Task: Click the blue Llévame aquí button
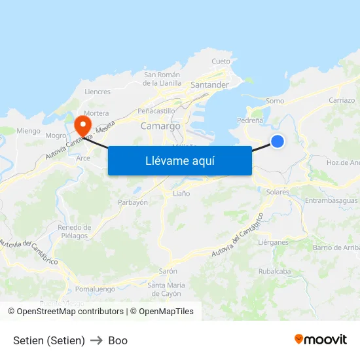pos(179,160)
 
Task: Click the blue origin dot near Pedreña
pos(278,141)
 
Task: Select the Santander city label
pos(209,85)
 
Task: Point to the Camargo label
pos(160,126)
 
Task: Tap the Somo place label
pos(275,101)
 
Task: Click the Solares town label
pos(278,192)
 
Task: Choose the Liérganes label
pos(273,242)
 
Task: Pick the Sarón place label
pos(168,271)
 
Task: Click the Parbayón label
pos(132,202)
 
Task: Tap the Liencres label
pos(98,92)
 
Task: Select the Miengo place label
pos(28,131)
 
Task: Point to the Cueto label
pos(221,62)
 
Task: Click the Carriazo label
pos(342,101)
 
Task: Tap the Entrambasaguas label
pos(331,201)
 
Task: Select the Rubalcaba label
pos(274,271)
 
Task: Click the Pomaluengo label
pos(95,289)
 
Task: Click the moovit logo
pos(321,340)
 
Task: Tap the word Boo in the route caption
pos(118,340)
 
